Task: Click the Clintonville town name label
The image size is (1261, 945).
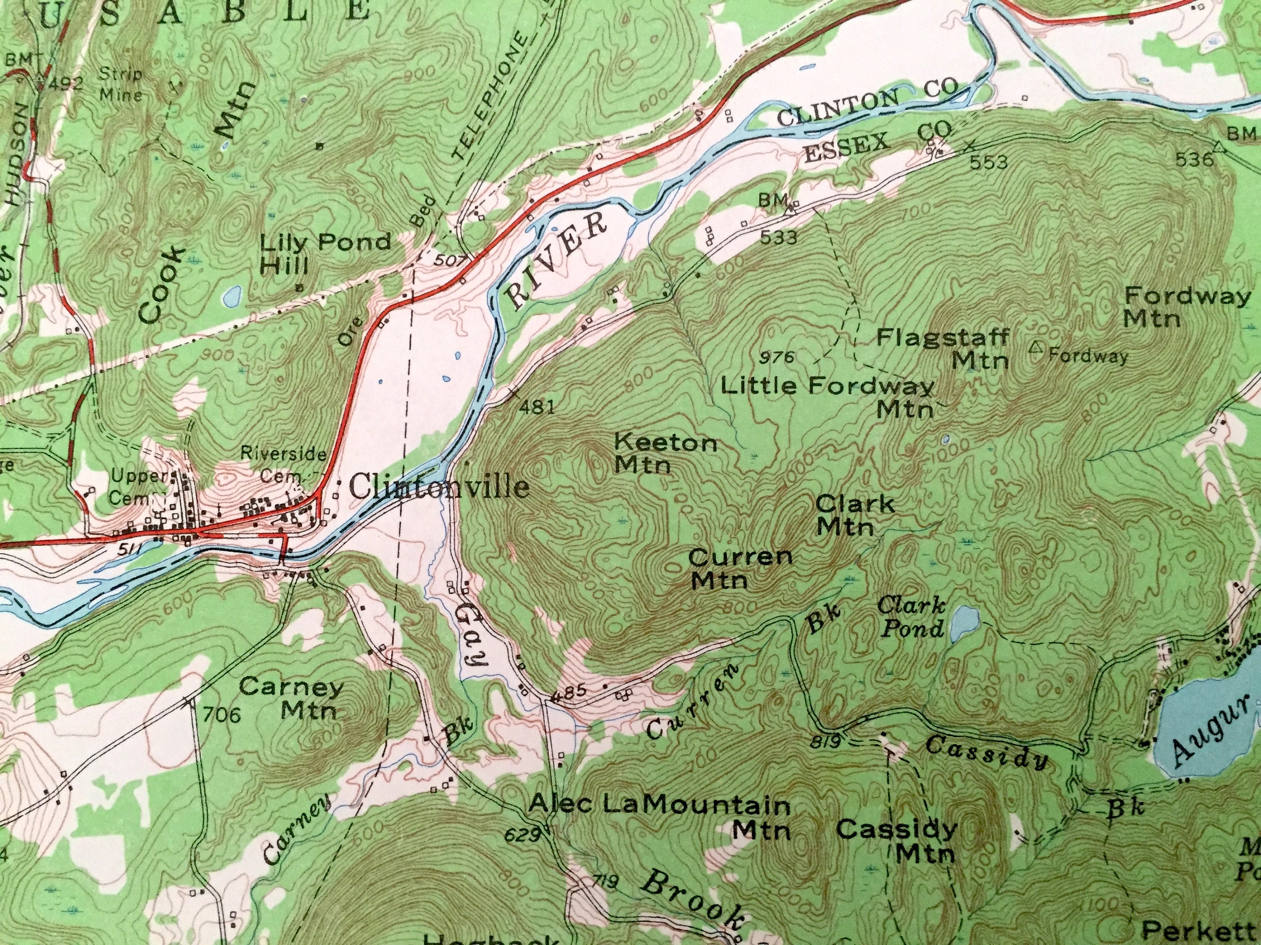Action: pyautogui.click(x=438, y=488)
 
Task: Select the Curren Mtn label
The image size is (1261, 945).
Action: pyautogui.click(x=739, y=568)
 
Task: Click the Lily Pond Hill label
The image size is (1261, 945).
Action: pyautogui.click(x=324, y=252)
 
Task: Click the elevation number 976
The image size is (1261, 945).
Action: pyautogui.click(x=777, y=358)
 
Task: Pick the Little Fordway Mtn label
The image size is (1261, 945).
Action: pyautogui.click(x=828, y=396)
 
